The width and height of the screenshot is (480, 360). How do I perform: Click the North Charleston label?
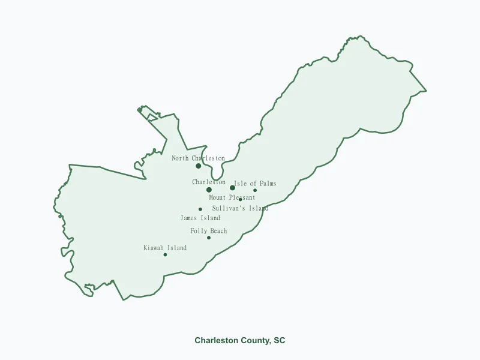(x=198, y=158)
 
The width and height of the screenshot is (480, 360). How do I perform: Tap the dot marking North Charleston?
(x=199, y=166)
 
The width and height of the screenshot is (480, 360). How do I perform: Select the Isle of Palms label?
(x=255, y=184)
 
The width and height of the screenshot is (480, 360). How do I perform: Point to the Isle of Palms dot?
(x=255, y=191)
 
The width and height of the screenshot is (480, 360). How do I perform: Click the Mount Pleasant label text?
(x=232, y=197)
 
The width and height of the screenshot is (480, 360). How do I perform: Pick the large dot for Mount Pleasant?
(x=232, y=188)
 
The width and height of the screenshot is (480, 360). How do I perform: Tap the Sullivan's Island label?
(x=240, y=208)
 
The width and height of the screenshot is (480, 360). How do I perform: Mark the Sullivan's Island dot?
(x=241, y=200)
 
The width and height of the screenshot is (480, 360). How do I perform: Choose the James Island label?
(x=200, y=218)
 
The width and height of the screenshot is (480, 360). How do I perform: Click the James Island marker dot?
(x=200, y=209)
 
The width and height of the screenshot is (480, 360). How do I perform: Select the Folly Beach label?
(x=208, y=231)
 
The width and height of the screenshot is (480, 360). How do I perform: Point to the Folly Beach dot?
(x=209, y=238)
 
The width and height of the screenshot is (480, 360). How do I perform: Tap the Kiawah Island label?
(x=164, y=248)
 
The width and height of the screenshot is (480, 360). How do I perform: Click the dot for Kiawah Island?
(x=165, y=254)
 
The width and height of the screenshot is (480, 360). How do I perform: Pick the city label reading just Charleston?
(x=209, y=182)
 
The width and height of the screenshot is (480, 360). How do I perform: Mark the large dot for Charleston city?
(x=209, y=190)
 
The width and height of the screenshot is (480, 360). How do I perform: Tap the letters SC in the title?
(x=280, y=340)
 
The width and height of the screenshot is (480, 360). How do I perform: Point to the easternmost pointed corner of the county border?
(x=426, y=91)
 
